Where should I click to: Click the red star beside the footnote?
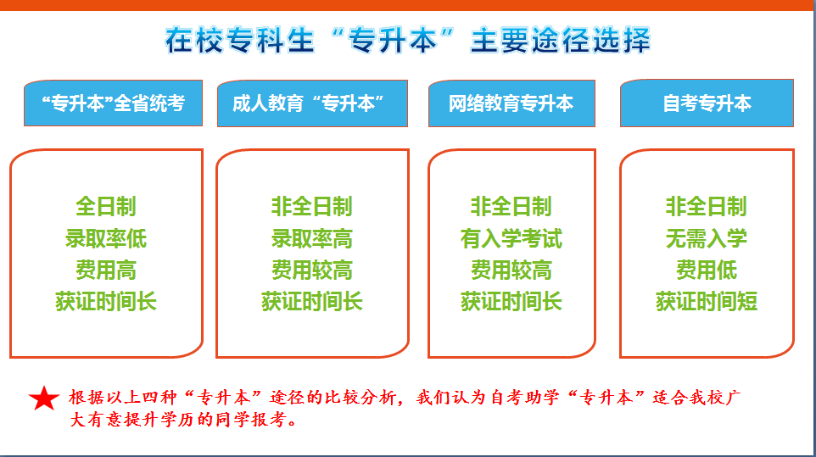tap(44, 398)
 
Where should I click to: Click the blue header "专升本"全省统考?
tap(113, 103)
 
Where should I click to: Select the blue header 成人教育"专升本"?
tap(312, 103)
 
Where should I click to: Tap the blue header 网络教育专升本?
tap(511, 103)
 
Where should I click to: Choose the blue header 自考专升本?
tap(707, 103)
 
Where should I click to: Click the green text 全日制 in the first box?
tap(106, 206)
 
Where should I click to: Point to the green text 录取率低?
tap(106, 238)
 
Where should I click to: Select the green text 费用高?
tap(106, 270)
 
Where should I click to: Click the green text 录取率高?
tap(312, 238)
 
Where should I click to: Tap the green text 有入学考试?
tap(511, 238)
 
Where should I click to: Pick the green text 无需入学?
tap(707, 238)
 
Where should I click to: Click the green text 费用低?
tap(707, 270)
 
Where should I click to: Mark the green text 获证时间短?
tap(707, 302)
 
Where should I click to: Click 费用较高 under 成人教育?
tap(312, 270)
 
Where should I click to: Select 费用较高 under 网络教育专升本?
tap(511, 270)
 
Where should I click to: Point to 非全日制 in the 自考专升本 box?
tap(707, 206)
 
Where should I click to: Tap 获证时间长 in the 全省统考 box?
tap(106, 302)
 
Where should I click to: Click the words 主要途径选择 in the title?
tap(561, 41)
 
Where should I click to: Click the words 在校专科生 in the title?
tap(240, 41)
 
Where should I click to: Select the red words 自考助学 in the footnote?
tap(524, 398)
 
